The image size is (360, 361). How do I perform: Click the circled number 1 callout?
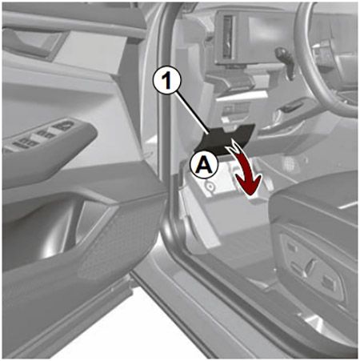tap(167, 80)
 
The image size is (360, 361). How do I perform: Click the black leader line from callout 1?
tap(192, 111)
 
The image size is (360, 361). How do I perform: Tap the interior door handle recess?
tap(34, 42)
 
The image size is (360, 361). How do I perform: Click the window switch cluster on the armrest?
tap(40, 136)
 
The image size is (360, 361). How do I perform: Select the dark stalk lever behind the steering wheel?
tap(286, 62)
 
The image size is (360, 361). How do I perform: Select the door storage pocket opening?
tap(54, 230)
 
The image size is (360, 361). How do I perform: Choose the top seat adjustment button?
tap(292, 247)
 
